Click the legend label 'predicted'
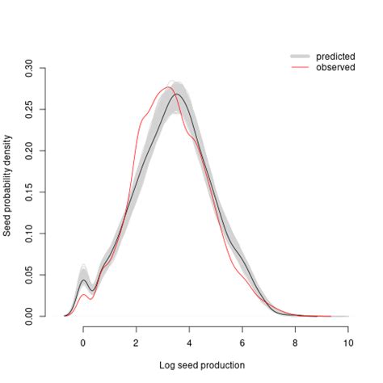coord(335,56)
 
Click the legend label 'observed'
coord(335,67)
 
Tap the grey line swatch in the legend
coord(300,56)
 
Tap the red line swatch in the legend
coord(300,67)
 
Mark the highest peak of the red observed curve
coord(169,87)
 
